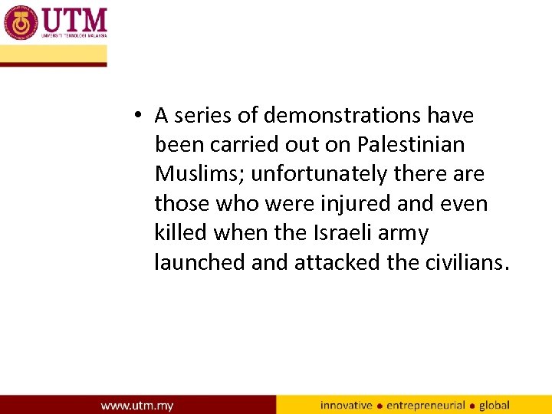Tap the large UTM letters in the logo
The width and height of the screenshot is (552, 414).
74,18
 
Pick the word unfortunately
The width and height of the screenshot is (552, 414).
320,174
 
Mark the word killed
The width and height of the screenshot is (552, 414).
182,232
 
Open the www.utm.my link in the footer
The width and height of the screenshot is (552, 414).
137,405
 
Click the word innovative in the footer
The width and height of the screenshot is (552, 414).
347,405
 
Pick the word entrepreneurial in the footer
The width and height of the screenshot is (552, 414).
426,405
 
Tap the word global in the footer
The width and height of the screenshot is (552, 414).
495,405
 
